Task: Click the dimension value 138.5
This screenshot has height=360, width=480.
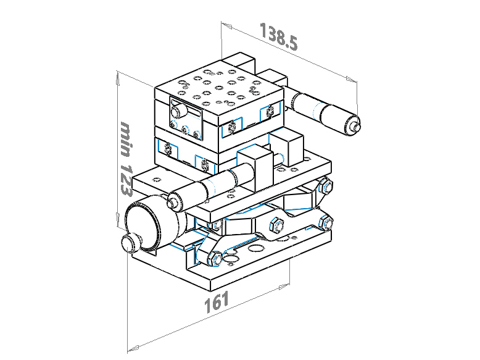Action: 279,36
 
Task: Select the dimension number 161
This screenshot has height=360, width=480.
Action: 217,301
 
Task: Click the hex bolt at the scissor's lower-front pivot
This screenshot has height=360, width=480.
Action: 215,258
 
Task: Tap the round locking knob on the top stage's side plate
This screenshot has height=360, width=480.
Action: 178,111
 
